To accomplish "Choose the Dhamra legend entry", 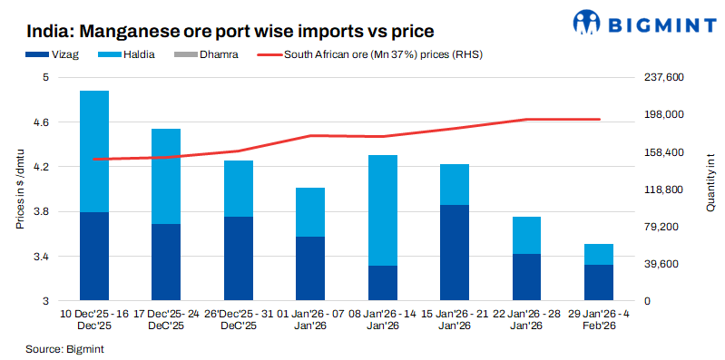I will click(x=211, y=54).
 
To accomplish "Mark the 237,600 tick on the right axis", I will click(x=660, y=78).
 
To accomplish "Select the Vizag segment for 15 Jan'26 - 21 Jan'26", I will click(x=454, y=253).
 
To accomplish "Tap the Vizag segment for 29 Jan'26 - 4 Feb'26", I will click(x=598, y=283).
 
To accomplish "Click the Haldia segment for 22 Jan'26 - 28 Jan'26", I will click(x=526, y=235).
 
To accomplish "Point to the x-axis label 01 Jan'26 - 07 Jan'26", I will click(x=310, y=319).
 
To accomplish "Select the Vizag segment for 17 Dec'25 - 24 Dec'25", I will click(x=166, y=262).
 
